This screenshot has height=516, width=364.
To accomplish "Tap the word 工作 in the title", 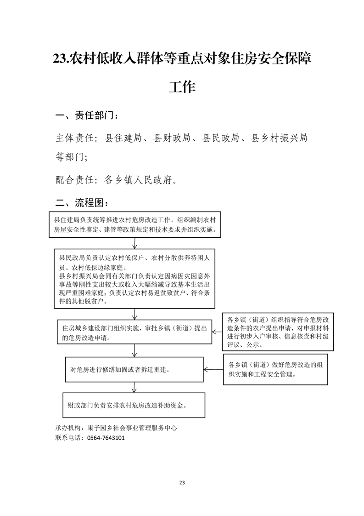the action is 182,86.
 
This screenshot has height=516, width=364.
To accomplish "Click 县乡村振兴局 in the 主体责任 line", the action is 279,138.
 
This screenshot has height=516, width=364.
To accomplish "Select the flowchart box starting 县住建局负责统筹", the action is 134,225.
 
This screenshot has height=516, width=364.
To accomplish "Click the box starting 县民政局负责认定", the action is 134,279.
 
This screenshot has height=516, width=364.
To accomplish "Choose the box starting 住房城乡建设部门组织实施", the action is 134,332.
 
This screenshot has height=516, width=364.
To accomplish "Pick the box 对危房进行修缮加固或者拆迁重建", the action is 134,370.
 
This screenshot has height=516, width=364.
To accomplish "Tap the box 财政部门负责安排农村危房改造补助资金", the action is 134,405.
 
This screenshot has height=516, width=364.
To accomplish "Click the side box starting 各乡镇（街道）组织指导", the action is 278,332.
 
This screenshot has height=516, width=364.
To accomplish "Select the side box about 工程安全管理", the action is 275,369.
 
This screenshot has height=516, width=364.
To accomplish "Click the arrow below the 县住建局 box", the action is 134,243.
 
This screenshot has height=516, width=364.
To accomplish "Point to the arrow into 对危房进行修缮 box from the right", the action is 213,370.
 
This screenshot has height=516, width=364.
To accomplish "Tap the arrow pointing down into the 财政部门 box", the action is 134,387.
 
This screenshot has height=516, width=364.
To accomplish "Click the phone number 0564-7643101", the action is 106,438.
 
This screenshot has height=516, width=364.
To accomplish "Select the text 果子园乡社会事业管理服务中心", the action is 132,428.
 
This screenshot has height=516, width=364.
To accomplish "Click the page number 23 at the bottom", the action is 182,482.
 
